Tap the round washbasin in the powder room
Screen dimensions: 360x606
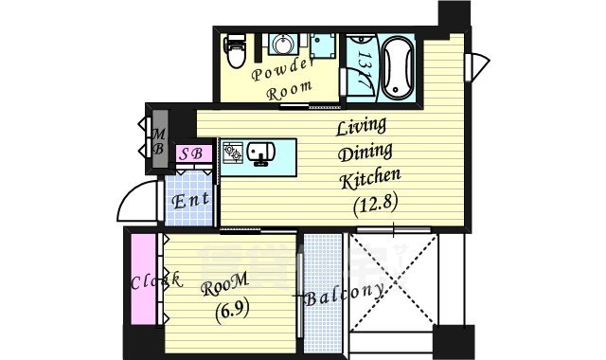(282, 45)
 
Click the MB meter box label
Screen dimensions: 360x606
(158, 139)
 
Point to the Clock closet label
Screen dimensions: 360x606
(156, 281)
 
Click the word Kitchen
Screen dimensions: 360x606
(371, 177)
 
